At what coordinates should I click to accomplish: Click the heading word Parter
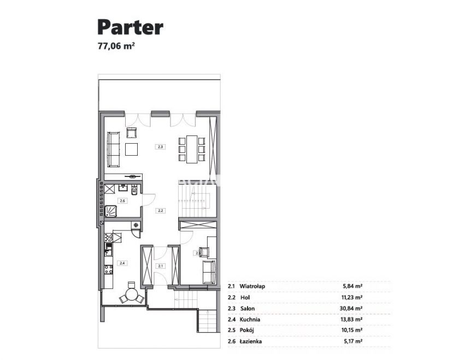click(x=130, y=26)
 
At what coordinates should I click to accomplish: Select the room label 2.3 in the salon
click(x=160, y=146)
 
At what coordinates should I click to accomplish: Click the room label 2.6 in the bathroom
click(x=122, y=201)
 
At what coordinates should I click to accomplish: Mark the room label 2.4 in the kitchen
click(x=122, y=263)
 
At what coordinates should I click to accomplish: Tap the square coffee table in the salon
click(x=132, y=149)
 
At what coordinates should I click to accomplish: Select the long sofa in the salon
click(x=114, y=149)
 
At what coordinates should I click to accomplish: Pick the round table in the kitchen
click(x=132, y=295)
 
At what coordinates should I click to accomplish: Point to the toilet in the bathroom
click(x=134, y=191)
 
